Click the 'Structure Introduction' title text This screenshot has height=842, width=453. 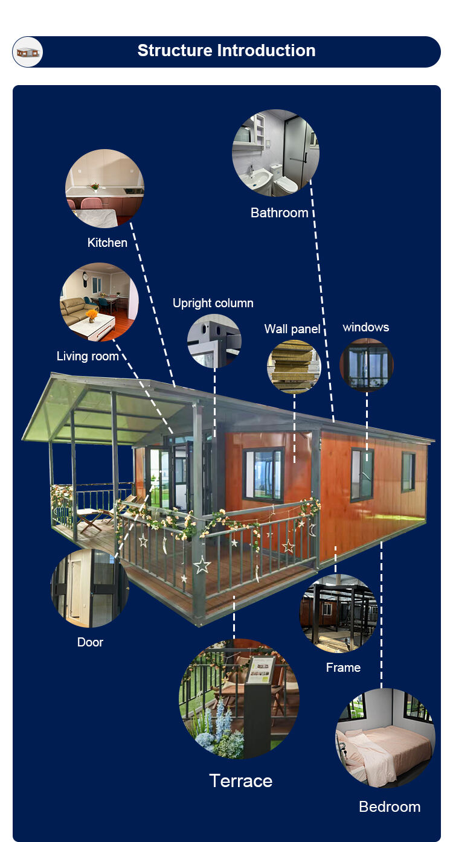226,51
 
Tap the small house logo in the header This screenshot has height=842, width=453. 28,53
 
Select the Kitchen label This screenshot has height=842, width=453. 108,243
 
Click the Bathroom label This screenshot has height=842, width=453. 280,212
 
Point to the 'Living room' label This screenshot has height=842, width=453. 88,356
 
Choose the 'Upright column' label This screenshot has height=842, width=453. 213,303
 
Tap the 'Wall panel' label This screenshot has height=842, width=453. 292,329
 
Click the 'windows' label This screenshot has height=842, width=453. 365,327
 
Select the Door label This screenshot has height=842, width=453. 90,642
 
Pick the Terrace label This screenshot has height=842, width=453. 241,780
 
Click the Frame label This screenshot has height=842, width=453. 343,667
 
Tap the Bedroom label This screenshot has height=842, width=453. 390,806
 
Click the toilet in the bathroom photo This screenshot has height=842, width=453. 284,181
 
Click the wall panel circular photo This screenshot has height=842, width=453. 294,366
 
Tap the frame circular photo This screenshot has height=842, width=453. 339,613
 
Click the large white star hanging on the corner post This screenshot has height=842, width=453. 202,565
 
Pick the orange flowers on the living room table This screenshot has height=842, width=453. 91,314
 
